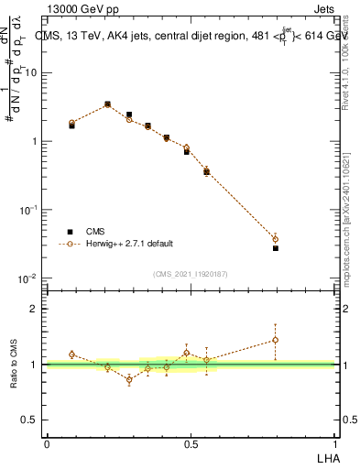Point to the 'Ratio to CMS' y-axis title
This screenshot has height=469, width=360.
pos(15,364)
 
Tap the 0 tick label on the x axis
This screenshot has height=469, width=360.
pos(47,444)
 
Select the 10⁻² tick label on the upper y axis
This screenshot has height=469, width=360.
pos(28,278)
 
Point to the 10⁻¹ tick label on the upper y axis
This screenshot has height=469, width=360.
pos(28,210)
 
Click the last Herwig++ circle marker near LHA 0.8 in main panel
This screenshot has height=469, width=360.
pos(276,239)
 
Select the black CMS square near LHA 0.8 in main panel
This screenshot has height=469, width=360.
pos(276,248)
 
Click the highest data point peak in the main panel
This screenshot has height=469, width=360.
pos(107,104)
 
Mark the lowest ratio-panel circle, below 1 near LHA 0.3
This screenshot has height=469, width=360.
pos(129,379)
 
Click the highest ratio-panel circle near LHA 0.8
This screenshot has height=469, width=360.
pos(276,340)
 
